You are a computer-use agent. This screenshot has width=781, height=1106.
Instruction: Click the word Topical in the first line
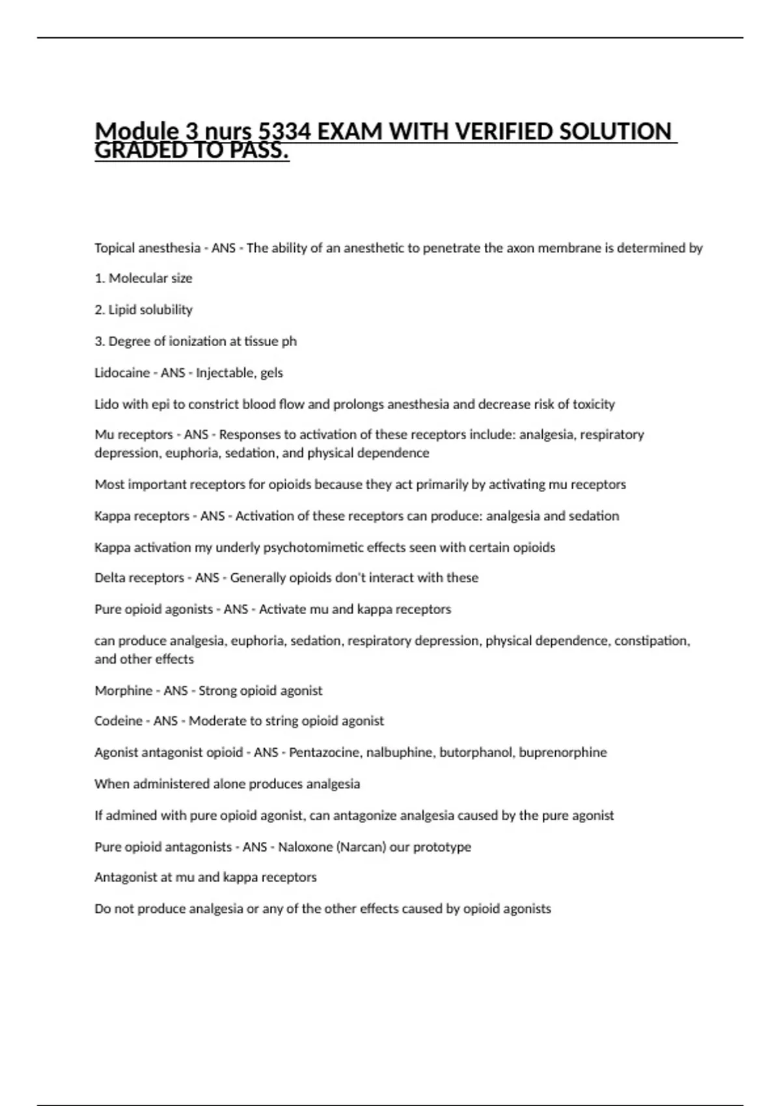tap(114, 248)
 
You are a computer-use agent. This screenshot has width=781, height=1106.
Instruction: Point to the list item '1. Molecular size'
tap(143, 278)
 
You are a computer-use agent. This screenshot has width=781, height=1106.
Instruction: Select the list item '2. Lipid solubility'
tap(143, 310)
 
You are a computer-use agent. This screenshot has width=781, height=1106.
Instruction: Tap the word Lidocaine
tap(122, 373)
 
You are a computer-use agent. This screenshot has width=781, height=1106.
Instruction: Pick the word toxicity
tap(593, 404)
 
